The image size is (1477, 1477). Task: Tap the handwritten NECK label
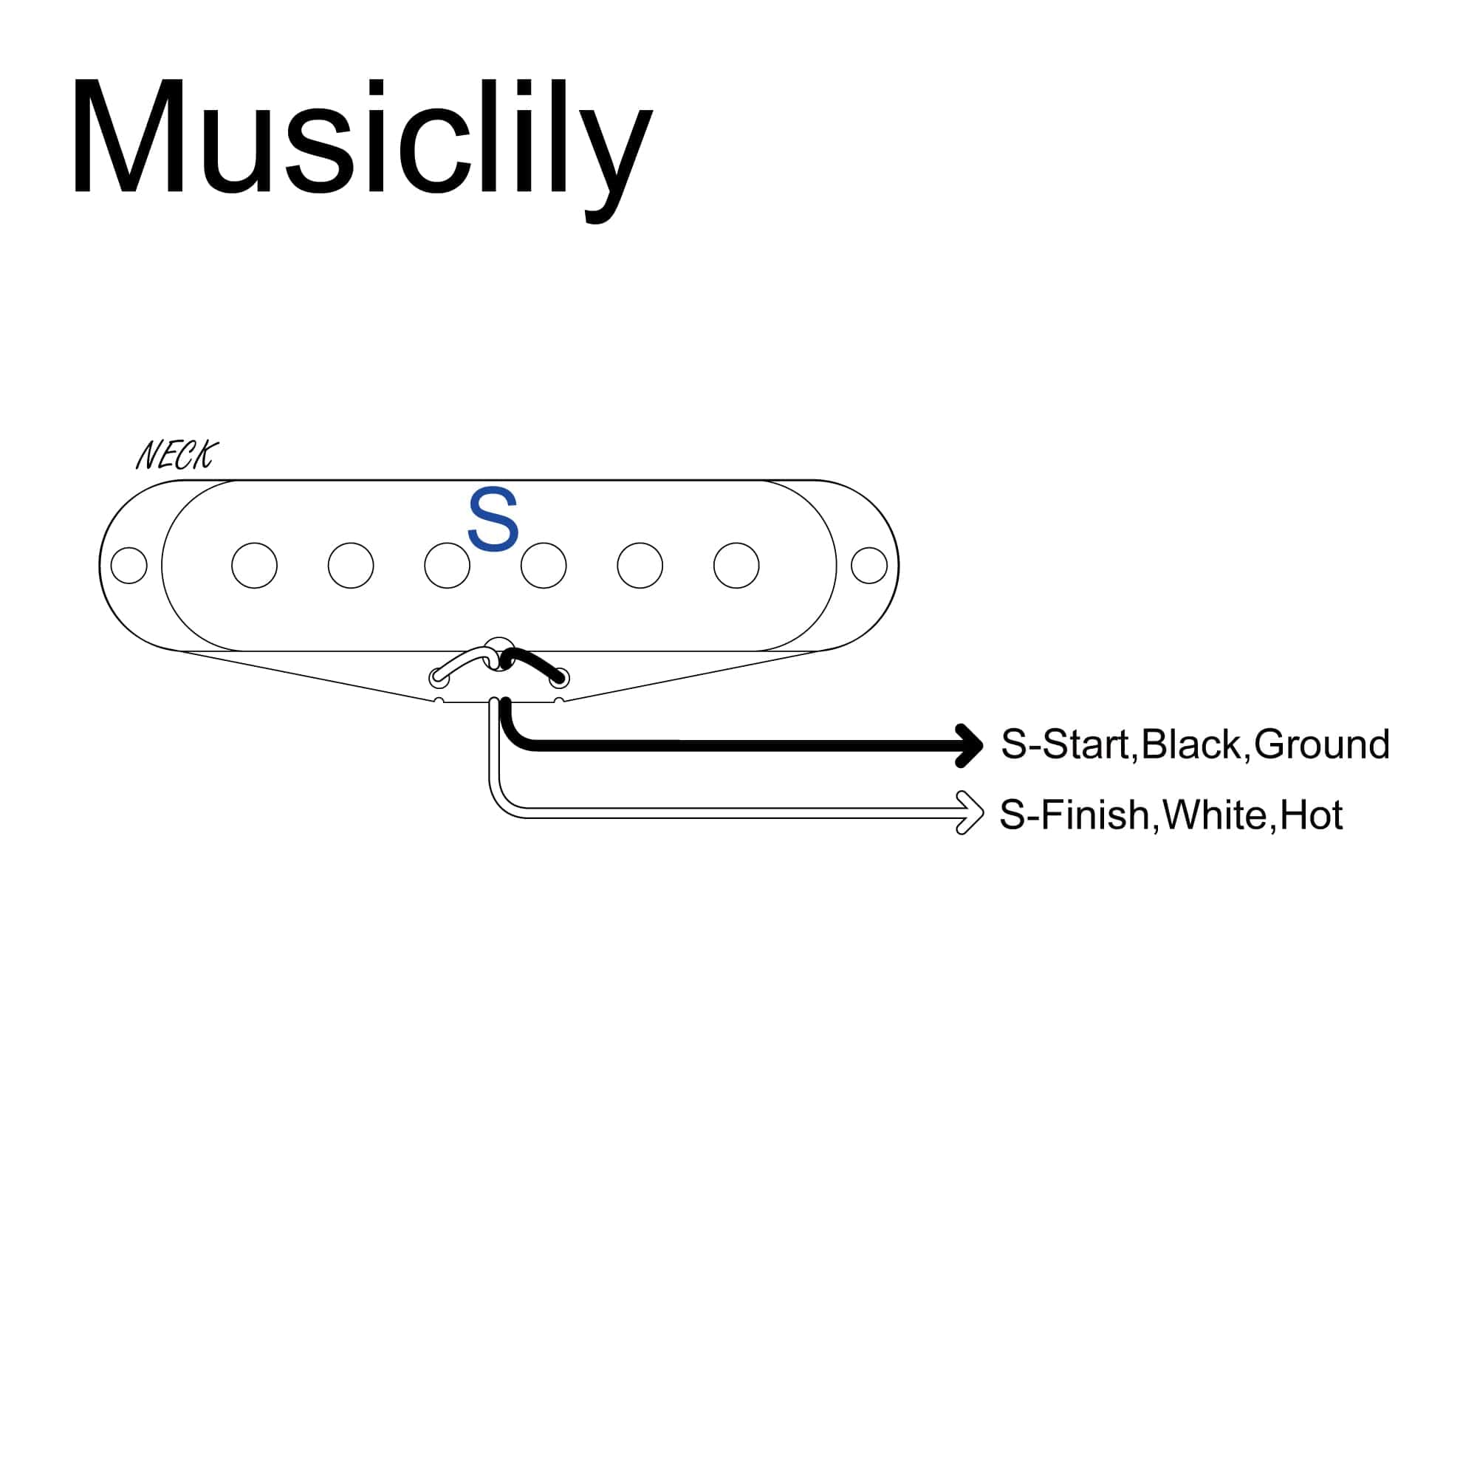(x=177, y=456)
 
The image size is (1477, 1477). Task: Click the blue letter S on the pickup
(x=493, y=520)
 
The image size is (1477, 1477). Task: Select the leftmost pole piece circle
(x=255, y=566)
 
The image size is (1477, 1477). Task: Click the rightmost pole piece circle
(x=736, y=566)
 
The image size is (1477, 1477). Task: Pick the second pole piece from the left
(x=351, y=566)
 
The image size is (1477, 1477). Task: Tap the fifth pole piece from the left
(x=640, y=566)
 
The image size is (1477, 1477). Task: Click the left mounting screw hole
(x=129, y=566)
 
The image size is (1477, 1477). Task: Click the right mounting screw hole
(x=869, y=566)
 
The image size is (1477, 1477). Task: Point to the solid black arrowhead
(x=970, y=745)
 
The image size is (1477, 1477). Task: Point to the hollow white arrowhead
(x=970, y=812)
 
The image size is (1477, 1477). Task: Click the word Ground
(x=1321, y=744)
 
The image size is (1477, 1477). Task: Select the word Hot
(x=1311, y=815)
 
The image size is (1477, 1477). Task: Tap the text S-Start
(x=1066, y=744)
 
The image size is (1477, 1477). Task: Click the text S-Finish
(x=1075, y=815)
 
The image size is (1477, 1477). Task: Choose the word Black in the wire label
(x=1191, y=744)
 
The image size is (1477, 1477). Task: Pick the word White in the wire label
(x=1215, y=815)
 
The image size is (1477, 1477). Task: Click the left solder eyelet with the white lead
(x=439, y=677)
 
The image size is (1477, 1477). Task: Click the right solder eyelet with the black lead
(x=560, y=677)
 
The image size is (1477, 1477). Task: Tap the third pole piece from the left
(x=448, y=566)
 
